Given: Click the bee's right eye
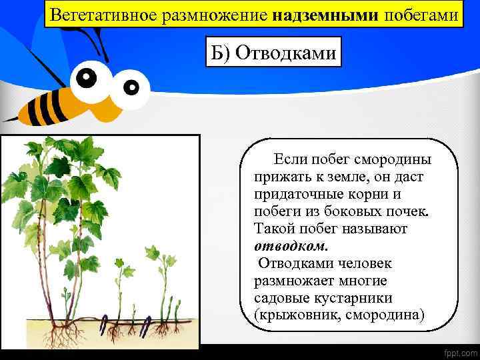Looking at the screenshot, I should [x=132, y=86].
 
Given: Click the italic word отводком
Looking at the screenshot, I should [x=286, y=245].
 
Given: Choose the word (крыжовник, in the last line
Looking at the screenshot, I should [x=298, y=313].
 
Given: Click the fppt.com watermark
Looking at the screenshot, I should [x=455, y=349].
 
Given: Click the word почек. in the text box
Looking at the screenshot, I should [x=408, y=211].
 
